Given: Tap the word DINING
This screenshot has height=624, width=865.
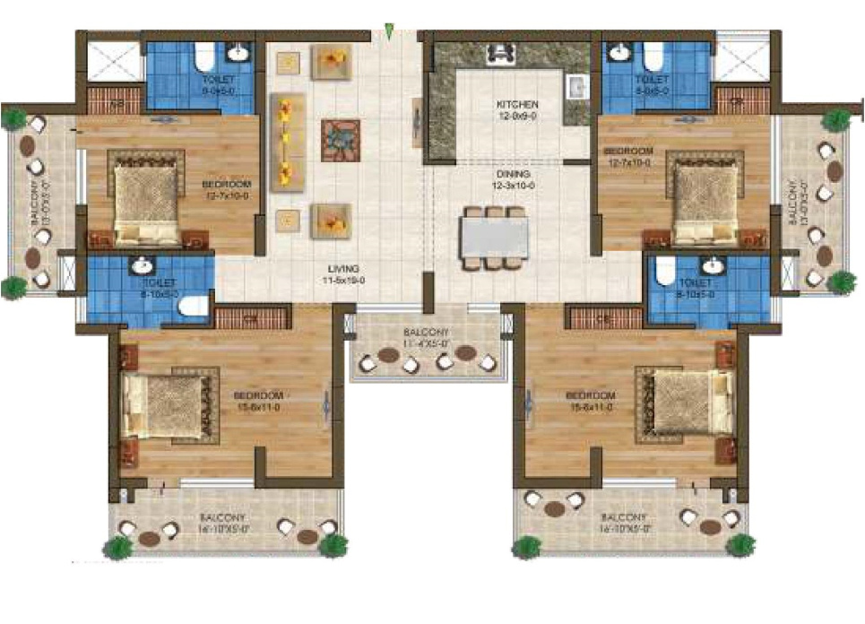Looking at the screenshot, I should [x=512, y=174].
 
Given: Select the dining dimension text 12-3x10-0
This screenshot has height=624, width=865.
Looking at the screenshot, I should [x=512, y=185].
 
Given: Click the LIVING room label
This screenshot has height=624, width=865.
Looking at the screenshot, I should [x=343, y=268].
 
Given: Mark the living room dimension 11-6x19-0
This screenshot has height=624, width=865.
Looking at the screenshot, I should [x=343, y=280].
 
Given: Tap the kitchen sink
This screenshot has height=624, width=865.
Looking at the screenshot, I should [x=575, y=87].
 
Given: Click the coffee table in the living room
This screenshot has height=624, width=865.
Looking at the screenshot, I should [x=340, y=140].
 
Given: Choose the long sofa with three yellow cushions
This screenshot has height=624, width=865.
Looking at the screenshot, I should [x=288, y=140].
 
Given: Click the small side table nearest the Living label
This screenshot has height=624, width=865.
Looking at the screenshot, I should [x=288, y=218].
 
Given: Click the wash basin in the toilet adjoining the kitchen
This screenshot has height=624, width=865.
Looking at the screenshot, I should [x=618, y=54].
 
